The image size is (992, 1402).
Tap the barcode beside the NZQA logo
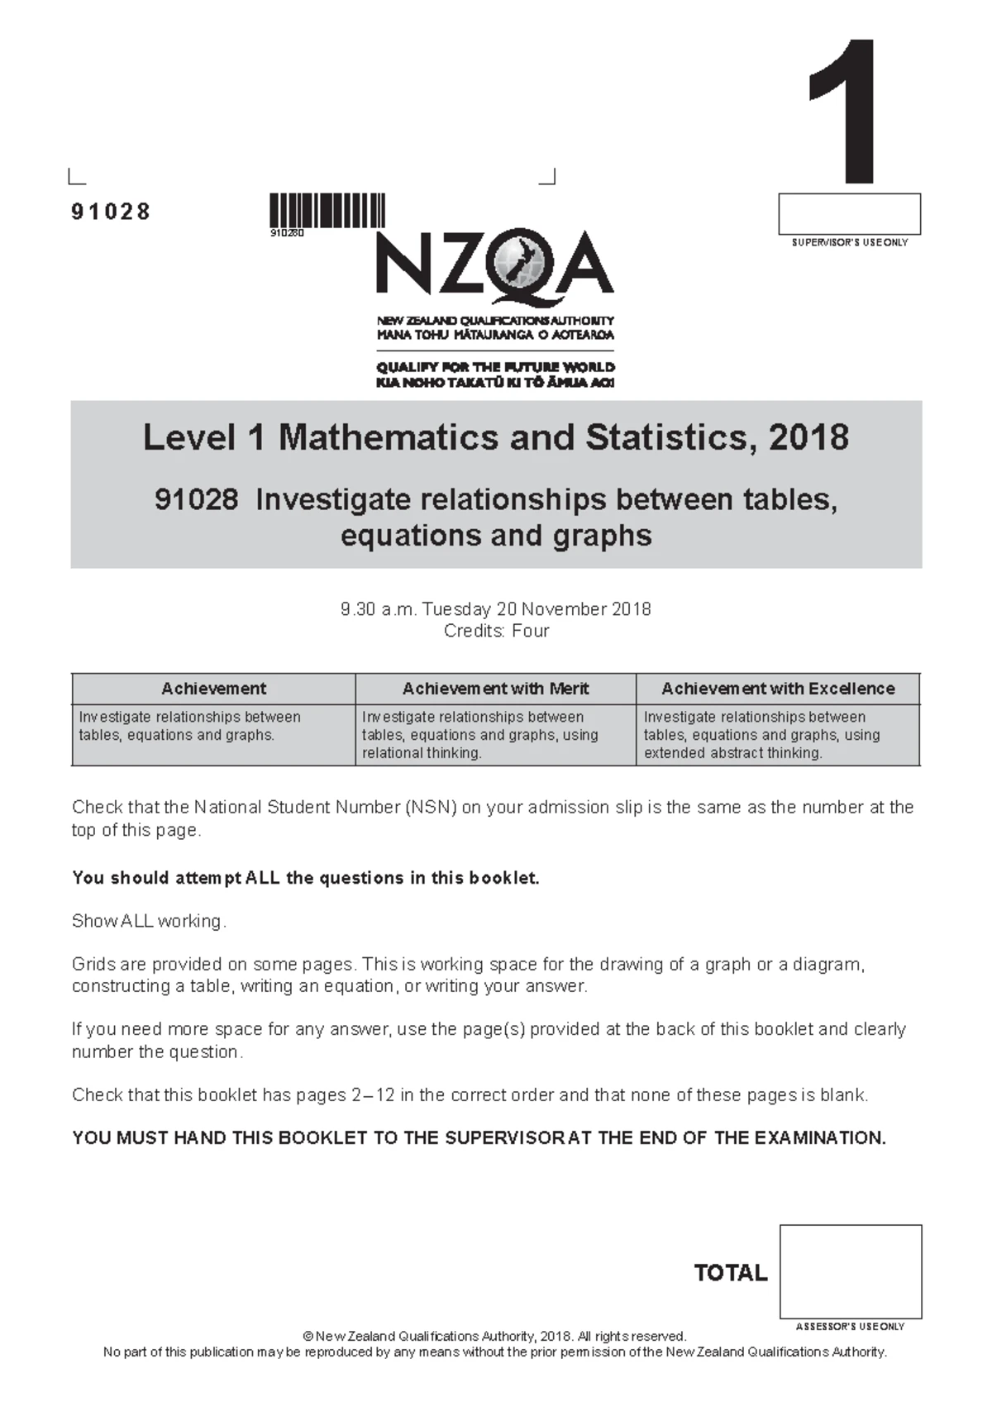(x=327, y=210)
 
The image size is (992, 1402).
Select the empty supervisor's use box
(x=849, y=214)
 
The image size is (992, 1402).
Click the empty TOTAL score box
(x=850, y=1271)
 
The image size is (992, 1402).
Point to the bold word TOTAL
(x=731, y=1273)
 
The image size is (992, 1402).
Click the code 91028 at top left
(x=111, y=212)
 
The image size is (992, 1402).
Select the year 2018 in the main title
(x=808, y=437)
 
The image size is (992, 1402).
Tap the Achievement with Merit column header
(x=495, y=689)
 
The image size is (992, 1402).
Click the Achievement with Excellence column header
(x=778, y=689)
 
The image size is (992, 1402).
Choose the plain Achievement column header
(x=213, y=689)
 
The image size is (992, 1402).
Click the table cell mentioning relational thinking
(x=495, y=735)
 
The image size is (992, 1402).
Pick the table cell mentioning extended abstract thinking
(x=778, y=735)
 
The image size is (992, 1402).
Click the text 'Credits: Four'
(x=496, y=631)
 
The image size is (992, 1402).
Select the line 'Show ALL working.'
(x=149, y=921)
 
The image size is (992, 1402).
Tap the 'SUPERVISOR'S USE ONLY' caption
(x=850, y=243)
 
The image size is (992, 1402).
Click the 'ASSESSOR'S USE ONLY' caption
(x=850, y=1327)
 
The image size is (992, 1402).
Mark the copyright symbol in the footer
(x=308, y=1337)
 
